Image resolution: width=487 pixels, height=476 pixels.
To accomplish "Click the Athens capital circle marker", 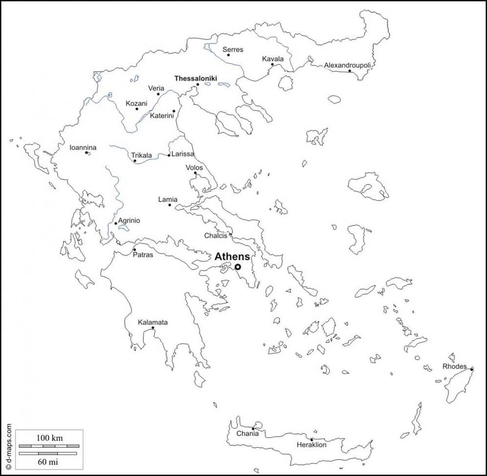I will [x=238, y=267].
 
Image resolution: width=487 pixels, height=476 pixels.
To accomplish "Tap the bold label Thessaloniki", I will [x=195, y=78].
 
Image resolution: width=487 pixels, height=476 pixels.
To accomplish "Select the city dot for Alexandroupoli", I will [x=349, y=71].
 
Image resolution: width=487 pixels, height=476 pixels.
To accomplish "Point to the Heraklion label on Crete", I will [x=312, y=445].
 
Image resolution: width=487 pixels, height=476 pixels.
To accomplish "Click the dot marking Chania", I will [x=253, y=428].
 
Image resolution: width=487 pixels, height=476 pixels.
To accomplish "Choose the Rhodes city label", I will [x=454, y=366].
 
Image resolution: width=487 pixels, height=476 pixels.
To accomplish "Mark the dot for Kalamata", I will [x=153, y=328].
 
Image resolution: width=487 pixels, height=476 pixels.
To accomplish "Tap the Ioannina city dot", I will [x=87, y=153].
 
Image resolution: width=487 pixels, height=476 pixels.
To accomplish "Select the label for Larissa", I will [x=183, y=154].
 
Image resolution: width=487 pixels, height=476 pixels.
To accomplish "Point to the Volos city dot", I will [x=195, y=173].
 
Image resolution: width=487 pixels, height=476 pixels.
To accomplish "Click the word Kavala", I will [x=272, y=59].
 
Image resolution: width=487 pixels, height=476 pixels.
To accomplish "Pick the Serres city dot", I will [x=228, y=55].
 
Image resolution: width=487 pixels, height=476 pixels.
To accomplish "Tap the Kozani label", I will [x=136, y=103].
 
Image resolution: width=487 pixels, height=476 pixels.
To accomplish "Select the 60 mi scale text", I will [x=48, y=461].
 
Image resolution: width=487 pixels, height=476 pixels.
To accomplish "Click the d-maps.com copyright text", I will [x=8, y=445].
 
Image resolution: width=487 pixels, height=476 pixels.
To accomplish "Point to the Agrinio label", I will [x=129, y=220].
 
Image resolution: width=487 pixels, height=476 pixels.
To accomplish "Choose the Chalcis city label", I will [x=216, y=236].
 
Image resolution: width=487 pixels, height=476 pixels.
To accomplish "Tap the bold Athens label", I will [x=232, y=256].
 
